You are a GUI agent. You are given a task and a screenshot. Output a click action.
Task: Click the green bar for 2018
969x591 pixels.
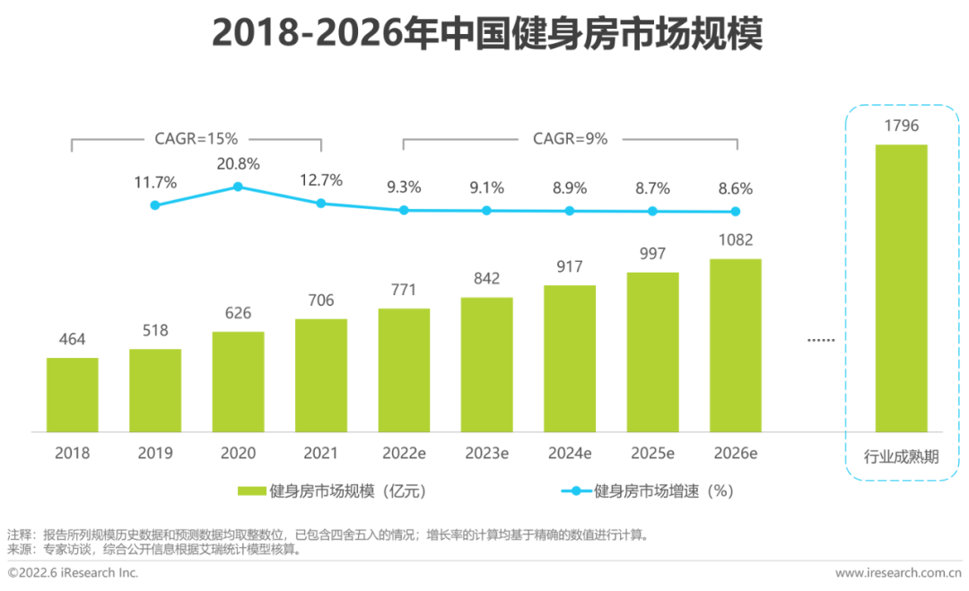73,395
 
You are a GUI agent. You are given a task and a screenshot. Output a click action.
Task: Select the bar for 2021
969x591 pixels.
320,375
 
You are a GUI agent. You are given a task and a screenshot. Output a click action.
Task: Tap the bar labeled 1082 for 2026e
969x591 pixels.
736,345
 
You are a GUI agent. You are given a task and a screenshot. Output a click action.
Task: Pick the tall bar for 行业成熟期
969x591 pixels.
901,288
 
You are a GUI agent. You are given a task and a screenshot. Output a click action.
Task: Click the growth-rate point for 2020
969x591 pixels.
238,187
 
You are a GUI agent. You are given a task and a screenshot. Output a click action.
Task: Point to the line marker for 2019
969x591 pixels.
155,205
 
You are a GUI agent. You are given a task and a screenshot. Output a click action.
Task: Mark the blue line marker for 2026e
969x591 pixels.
736,212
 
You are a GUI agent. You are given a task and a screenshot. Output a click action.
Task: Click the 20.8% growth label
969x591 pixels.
238,164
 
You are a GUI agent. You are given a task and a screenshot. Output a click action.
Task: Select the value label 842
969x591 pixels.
486,278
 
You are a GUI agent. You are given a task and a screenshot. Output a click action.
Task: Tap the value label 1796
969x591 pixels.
901,126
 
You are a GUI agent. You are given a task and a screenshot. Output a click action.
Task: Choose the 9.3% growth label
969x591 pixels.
404,188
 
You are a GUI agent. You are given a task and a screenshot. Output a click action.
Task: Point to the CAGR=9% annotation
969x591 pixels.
570,139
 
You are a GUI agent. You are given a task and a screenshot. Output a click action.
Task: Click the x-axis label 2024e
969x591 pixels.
570,453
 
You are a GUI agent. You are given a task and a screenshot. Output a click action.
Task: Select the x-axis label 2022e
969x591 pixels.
404,453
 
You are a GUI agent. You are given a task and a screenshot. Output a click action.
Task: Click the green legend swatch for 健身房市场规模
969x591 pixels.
252,491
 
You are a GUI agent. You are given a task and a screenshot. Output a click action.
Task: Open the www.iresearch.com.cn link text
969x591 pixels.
898,572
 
